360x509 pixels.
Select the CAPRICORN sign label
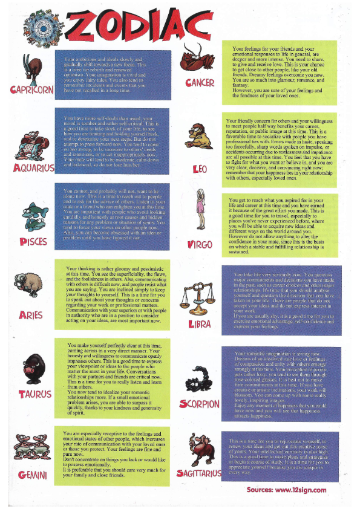point(32,90)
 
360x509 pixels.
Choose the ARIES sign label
point(31,316)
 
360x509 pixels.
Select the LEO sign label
point(200,169)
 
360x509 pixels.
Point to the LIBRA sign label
point(200,323)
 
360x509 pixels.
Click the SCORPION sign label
point(200,403)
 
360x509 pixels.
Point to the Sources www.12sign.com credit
point(286,490)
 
